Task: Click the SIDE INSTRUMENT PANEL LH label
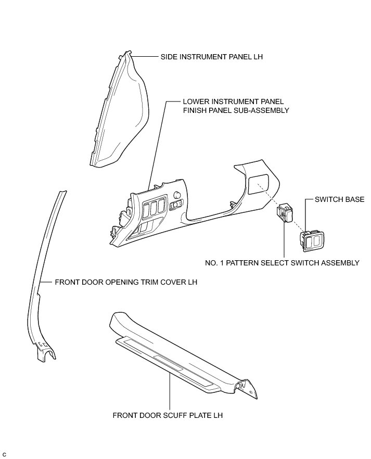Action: (x=211, y=57)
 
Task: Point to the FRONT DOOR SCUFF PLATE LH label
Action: (x=169, y=416)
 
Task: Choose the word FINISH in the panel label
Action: (x=195, y=111)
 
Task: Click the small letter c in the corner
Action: (x=4, y=455)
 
